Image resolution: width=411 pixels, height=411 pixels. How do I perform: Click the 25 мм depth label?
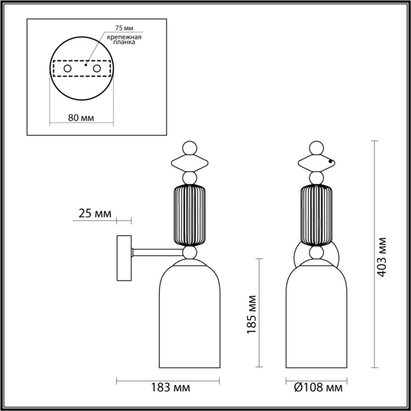coord(94,214)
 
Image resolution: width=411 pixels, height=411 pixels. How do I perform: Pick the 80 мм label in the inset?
coord(81,116)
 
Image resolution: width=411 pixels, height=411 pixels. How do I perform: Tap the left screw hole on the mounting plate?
coord(67,69)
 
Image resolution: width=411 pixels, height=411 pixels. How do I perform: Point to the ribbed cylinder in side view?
coord(190,214)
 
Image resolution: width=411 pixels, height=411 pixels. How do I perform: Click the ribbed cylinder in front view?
coord(318,214)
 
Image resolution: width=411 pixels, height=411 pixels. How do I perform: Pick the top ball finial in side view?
coord(190,147)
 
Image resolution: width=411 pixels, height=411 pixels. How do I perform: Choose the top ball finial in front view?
coord(318,147)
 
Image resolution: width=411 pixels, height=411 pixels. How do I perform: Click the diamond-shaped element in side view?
coord(190,161)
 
